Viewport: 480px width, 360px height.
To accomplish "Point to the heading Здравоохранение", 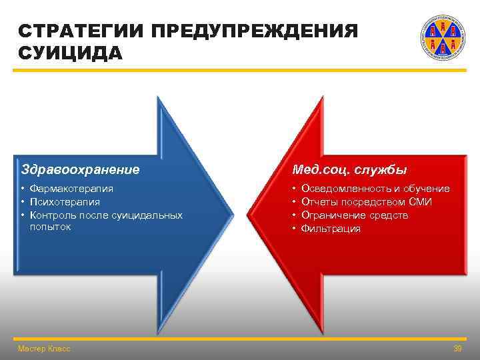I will tap(81, 170).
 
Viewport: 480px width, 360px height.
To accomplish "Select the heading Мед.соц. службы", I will tap(349, 170).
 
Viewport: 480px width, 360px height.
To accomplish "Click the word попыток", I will tap(50, 227).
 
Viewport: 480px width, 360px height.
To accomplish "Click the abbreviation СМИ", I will tap(420, 202).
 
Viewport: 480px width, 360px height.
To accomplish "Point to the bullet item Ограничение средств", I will tap(355, 215).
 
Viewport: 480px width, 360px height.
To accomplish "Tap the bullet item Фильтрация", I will tap(331, 229).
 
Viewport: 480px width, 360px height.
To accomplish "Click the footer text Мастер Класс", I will tap(44, 349).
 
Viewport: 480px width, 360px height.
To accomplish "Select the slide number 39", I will tap(457, 349).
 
